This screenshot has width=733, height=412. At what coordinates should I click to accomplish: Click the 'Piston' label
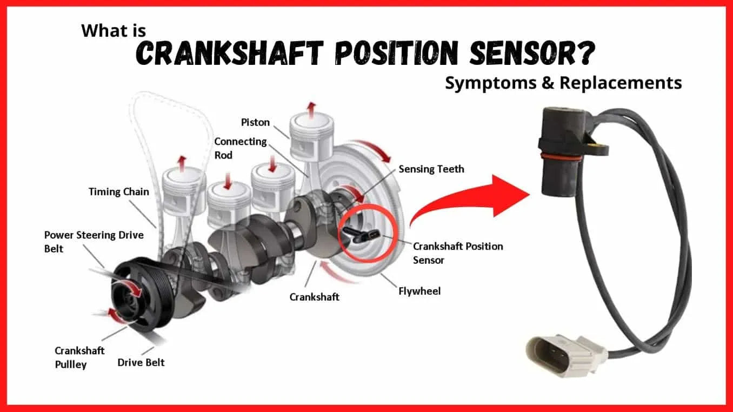(x=255, y=122)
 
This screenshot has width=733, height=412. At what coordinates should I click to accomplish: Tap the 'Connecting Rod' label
(x=241, y=148)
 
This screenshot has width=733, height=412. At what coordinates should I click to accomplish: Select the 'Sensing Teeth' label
(x=431, y=169)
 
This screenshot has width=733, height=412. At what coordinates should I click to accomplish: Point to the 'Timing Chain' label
(x=119, y=192)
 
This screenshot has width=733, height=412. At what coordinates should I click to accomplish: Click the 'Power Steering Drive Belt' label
(x=94, y=242)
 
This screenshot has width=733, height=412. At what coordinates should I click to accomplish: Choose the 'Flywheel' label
(x=419, y=291)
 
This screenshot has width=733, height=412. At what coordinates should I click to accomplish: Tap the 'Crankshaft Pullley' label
(x=79, y=358)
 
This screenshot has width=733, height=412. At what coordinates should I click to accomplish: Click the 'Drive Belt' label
(x=141, y=363)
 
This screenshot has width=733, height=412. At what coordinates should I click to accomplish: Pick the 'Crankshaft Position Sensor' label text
(x=458, y=253)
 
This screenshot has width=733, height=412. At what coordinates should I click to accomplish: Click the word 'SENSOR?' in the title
(x=532, y=52)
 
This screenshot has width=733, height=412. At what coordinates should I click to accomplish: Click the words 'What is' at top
(x=114, y=30)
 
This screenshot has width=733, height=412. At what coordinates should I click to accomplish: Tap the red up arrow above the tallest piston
(x=311, y=110)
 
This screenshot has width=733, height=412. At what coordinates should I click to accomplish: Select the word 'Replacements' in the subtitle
(x=621, y=83)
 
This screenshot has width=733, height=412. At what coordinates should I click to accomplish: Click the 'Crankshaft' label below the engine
(x=314, y=297)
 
